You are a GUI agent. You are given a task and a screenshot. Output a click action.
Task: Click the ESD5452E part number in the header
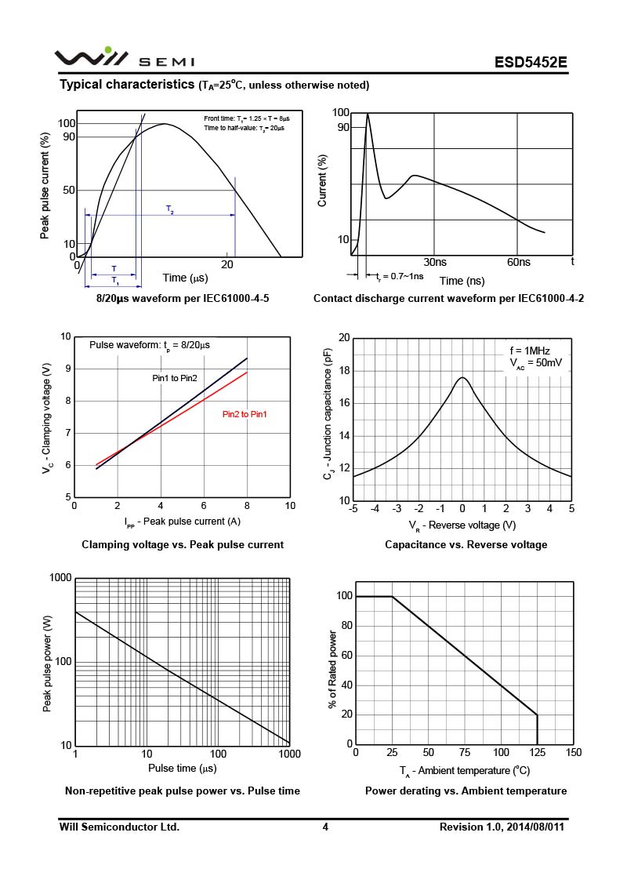point(531,62)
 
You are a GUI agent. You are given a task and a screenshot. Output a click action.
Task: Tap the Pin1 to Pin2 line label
point(175,379)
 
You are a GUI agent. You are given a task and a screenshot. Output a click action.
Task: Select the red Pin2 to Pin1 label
point(245,414)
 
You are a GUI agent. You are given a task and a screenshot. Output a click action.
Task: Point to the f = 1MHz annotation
point(531,351)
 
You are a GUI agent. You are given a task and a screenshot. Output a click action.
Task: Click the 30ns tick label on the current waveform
point(435,262)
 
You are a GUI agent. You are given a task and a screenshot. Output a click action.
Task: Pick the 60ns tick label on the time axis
point(519,262)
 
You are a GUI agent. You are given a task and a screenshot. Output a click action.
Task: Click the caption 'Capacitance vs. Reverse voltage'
point(466,544)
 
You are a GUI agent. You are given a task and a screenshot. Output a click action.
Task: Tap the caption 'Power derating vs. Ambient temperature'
point(466,791)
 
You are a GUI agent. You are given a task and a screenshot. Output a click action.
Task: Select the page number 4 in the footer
point(324,827)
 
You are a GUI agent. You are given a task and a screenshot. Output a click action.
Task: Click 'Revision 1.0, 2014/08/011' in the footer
point(502,827)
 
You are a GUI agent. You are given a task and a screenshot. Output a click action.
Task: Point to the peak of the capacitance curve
point(462,378)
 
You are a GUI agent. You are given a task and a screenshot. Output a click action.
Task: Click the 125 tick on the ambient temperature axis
point(537,753)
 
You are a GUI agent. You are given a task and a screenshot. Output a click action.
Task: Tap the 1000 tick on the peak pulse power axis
point(60,578)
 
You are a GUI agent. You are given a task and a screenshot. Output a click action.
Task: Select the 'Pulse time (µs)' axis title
point(182,768)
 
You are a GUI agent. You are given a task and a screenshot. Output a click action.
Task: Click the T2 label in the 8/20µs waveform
point(170,209)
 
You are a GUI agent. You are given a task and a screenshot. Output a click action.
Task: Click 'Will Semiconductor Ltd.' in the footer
point(119,827)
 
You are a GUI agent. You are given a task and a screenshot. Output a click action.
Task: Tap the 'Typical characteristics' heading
point(127,84)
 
